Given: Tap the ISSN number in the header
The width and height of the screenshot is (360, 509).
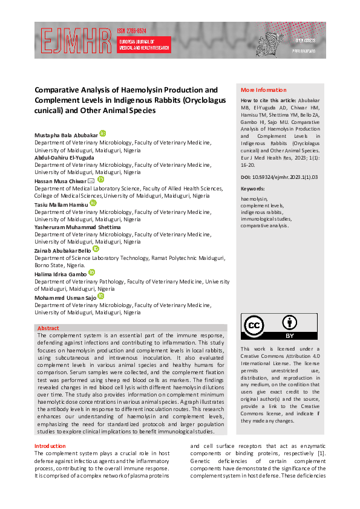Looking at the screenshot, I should point(131,31).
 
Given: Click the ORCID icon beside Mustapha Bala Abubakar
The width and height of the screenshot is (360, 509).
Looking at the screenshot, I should point(103,133).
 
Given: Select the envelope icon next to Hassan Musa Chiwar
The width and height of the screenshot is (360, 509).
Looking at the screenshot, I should point(91,180).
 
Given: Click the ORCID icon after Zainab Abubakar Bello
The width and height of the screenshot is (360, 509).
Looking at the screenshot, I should point(96,249).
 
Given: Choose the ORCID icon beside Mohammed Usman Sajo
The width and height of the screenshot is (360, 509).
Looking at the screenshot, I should point(101,296).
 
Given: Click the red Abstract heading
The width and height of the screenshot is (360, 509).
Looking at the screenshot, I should point(48,328).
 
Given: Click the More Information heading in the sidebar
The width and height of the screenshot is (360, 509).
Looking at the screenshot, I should point(264,90).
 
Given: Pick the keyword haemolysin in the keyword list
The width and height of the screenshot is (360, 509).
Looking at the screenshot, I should point(254,198).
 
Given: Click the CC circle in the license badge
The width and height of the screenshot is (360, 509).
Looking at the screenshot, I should point(254,326).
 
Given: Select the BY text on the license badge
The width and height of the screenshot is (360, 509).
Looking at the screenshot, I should point(290,335).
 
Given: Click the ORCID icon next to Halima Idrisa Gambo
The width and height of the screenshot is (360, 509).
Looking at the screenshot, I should point(92,273).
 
